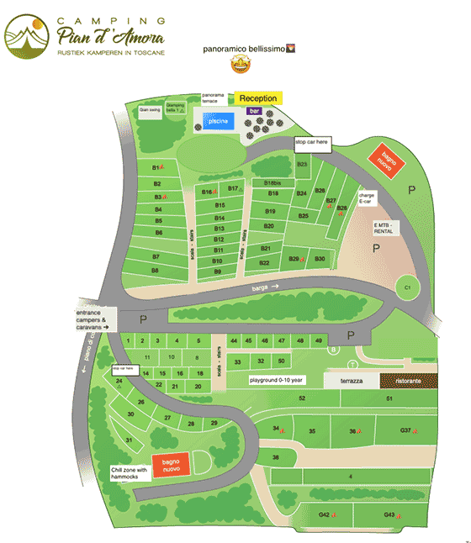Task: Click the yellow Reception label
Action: pyautogui.click(x=258, y=98)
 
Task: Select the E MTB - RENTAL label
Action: pyautogui.click(x=389, y=228)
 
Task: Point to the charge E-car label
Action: pyautogui.click(x=367, y=198)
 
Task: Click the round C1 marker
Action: pyautogui.click(x=407, y=287)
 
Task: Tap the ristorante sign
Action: pyautogui.click(x=410, y=381)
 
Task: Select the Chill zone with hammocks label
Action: pyautogui.click(x=129, y=473)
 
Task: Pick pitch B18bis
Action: pyautogui.click(x=273, y=182)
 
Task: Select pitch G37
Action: pyautogui.click(x=406, y=430)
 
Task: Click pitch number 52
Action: pyautogui.click(x=300, y=398)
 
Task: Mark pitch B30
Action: pyautogui.click(x=319, y=259)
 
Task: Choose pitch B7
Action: pyautogui.click(x=156, y=256)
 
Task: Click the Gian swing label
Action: pyautogui.click(x=149, y=108)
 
